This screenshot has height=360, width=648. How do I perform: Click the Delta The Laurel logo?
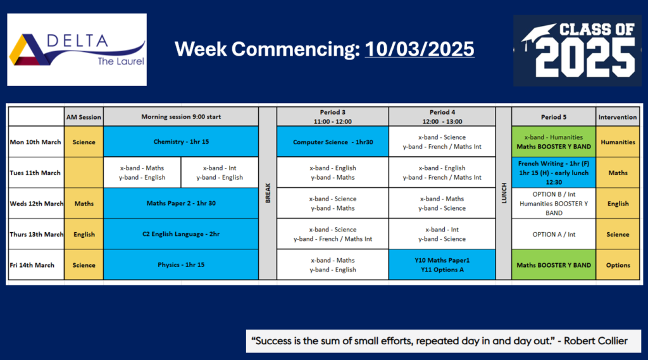tap(77, 49)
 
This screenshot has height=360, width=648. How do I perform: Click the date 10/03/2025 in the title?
tap(420, 49)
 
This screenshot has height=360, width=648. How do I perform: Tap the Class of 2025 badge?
tap(577, 51)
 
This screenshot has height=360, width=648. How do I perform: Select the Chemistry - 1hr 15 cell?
tap(181, 142)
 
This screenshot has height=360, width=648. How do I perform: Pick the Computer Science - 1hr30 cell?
tap(333, 142)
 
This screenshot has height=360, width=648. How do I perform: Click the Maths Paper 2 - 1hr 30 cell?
tap(181, 203)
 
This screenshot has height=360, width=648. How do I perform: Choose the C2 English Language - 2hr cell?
tap(181, 234)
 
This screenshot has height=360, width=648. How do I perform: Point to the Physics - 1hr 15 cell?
tap(181, 265)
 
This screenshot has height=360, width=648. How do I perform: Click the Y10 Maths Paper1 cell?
tap(442, 265)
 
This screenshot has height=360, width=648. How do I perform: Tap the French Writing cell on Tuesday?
tap(554, 173)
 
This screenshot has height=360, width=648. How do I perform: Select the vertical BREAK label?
tap(268, 193)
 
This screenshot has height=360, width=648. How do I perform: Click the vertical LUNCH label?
tap(504, 193)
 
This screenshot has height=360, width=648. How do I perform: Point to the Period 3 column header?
tap(333, 116)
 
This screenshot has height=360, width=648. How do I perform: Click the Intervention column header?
tap(618, 117)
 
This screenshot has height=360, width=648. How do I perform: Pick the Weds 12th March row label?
tap(36, 203)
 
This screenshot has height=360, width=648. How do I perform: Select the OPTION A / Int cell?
tap(554, 234)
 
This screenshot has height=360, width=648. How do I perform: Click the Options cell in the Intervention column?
tap(618, 265)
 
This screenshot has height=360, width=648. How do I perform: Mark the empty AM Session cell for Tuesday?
tap(84, 173)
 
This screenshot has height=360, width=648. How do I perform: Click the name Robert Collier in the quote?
tap(595, 341)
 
